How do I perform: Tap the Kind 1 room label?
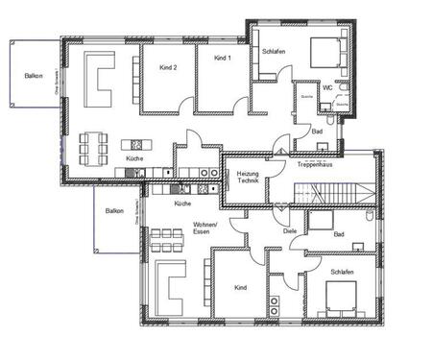223,59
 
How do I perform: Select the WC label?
327,87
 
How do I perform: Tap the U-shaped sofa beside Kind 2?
99,79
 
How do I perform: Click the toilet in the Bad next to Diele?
370,218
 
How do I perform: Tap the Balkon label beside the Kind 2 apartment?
34,78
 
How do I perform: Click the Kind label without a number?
240,287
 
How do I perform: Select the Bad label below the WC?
317,131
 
